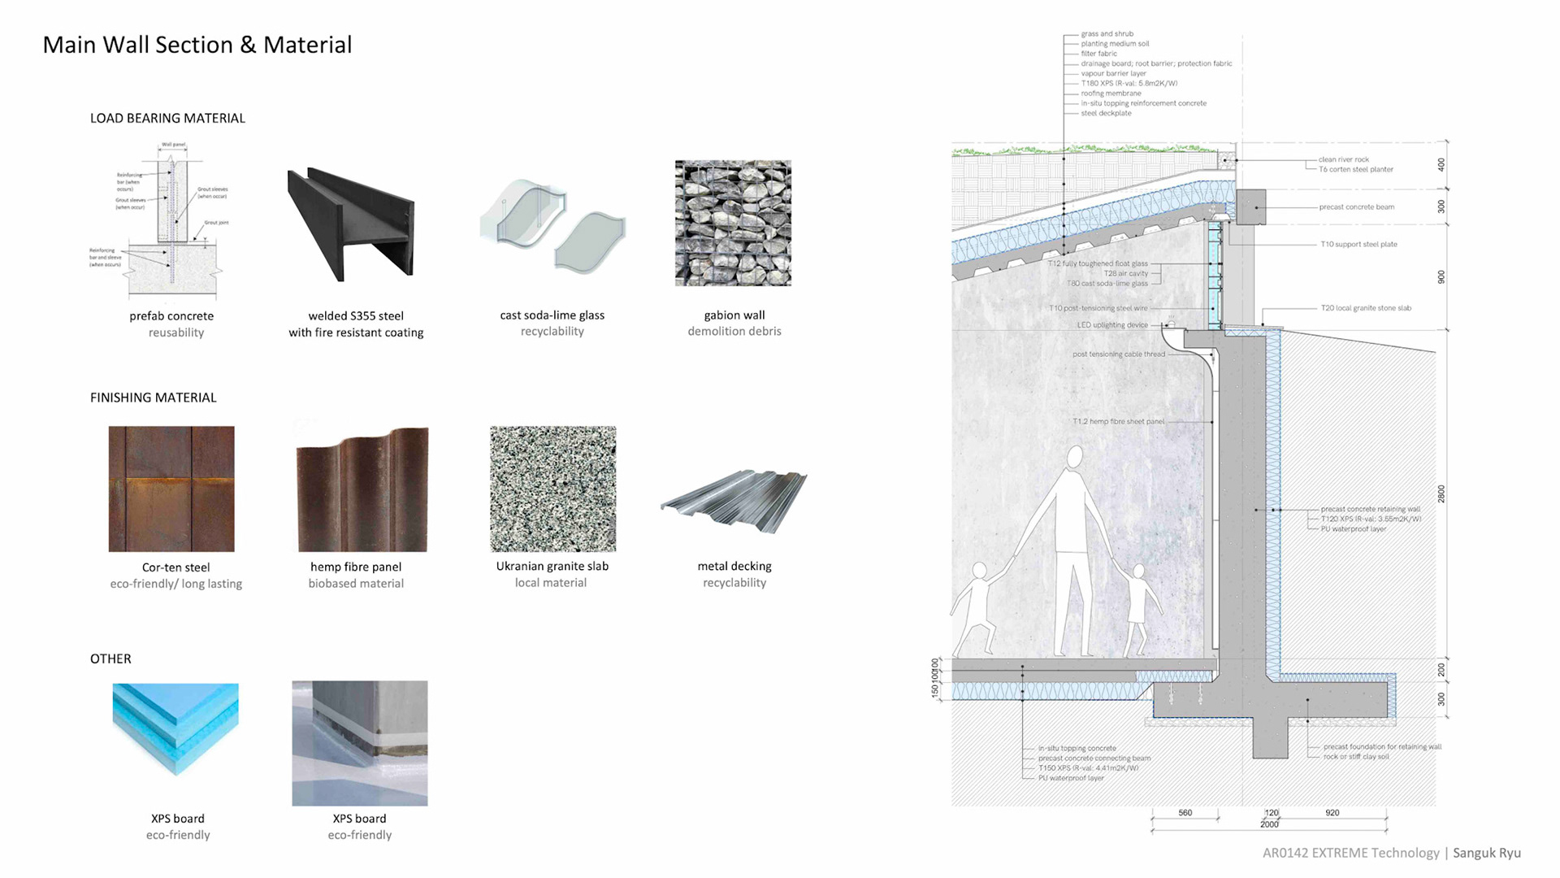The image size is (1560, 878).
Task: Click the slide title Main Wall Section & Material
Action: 197,45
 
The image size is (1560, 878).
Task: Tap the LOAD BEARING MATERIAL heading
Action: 167,118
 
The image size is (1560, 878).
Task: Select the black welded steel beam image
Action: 351,224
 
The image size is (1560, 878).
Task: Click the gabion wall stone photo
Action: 733,224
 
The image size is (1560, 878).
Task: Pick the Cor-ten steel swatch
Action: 171,489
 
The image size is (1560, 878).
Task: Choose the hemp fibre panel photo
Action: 362,489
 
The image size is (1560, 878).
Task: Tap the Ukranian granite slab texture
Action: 552,489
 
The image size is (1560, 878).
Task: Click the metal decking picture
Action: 734,500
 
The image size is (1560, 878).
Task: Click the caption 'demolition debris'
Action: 734,331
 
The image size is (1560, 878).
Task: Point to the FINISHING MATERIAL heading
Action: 153,398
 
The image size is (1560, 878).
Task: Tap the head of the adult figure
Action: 1075,458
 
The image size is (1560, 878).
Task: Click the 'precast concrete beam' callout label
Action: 1356,207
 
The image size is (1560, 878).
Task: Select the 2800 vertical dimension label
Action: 1441,493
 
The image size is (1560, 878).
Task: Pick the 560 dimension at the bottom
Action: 1185,813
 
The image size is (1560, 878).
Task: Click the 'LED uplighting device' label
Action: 1112,325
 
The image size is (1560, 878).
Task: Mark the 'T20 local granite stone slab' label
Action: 1366,308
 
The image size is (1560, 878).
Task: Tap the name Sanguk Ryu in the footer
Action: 1486,853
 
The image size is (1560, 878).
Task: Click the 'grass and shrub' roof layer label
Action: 1107,34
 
